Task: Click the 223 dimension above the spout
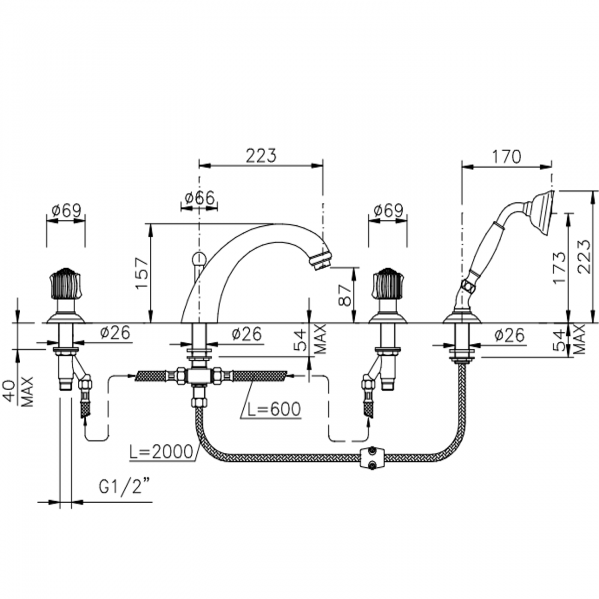coord(261,156)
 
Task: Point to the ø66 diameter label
coord(199,199)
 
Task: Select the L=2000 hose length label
coord(161,452)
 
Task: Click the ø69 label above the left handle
coord(66,211)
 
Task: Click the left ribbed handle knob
coord(65,282)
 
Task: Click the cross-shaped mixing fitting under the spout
coord(199,375)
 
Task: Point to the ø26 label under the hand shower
coord(509,335)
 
